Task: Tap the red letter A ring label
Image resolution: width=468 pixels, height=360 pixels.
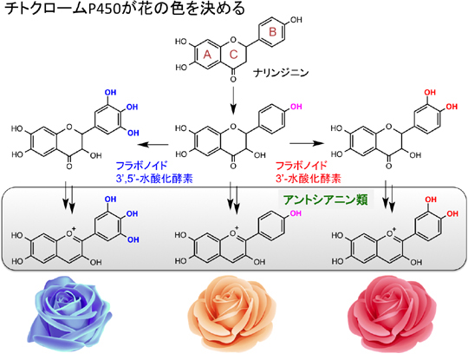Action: pos(207,55)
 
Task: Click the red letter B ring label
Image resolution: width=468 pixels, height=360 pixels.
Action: pos(272,32)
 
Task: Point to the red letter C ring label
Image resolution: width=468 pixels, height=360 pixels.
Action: pos(233,55)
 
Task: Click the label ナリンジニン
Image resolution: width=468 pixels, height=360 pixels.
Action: pos(281,73)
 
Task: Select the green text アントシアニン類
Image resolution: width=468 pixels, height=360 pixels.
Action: pos(326,200)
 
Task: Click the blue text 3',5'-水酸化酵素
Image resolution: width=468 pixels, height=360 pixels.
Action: pos(154,179)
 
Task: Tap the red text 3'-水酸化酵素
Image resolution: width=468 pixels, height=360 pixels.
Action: pos(309,179)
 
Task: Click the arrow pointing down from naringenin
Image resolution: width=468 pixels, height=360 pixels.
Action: pos(233,101)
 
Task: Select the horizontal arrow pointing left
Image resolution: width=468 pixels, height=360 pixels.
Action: pos(153,145)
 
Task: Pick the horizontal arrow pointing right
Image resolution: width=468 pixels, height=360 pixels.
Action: pos(307,144)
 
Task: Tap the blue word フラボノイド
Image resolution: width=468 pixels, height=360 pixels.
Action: pos(141,166)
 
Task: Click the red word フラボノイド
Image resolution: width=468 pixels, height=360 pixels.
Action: pos(301,166)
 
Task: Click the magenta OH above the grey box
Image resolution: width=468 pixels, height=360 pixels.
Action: pos(296,107)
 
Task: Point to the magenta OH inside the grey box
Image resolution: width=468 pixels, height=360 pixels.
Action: pos(296,213)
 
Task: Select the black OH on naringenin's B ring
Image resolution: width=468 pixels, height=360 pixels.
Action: pos(296,20)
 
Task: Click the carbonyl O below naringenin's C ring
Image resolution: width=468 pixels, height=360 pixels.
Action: pos(233,79)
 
